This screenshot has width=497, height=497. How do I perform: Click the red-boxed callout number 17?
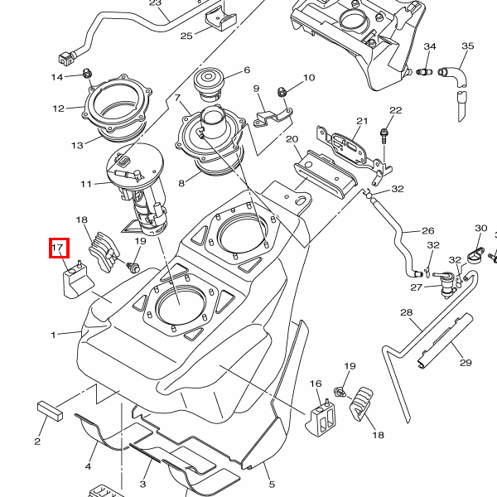pos(58,248)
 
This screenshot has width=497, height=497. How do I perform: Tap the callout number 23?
pos(156,3)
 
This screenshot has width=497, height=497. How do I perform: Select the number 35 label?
pos(467,46)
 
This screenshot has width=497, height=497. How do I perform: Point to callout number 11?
pos(87,183)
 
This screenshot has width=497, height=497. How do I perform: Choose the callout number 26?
pos(427,231)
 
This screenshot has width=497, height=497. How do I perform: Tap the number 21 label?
pos(361,122)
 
